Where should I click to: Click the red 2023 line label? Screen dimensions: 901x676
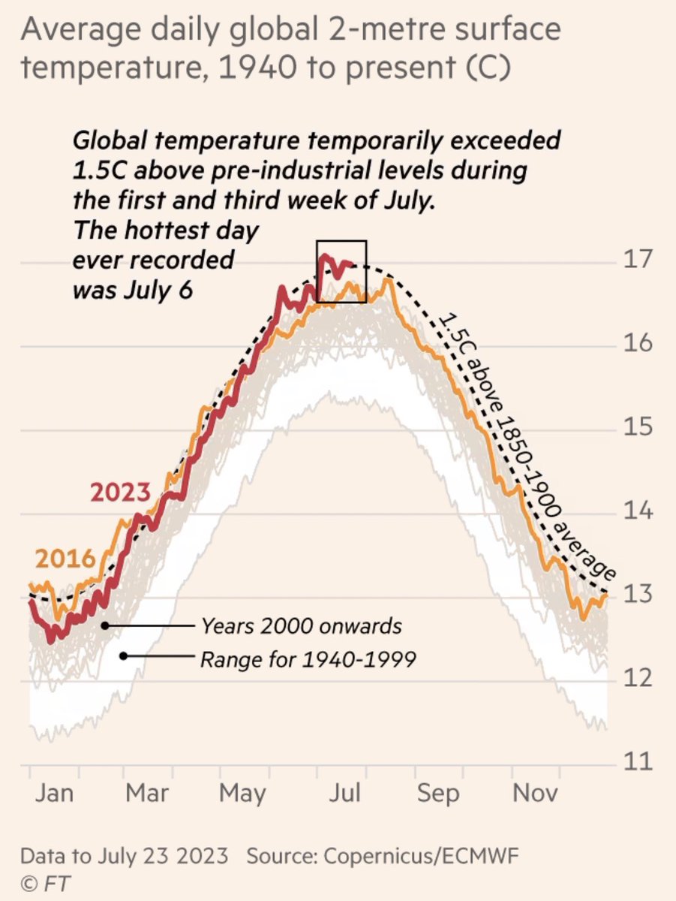point(121,493)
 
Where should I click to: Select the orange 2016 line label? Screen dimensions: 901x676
point(65,560)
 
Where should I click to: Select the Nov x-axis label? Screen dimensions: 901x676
point(536,794)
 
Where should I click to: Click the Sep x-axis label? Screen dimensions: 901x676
point(437,794)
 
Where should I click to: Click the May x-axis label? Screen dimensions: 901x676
point(244,794)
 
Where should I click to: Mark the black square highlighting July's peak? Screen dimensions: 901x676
point(341,271)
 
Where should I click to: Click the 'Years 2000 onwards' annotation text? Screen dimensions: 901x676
point(301,625)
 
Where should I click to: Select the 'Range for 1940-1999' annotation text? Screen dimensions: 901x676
point(308,660)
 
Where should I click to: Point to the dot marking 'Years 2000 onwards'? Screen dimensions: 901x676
point(106,625)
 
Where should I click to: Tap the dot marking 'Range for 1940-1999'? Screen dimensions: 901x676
point(123,655)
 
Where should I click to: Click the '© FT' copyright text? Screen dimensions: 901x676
point(45,881)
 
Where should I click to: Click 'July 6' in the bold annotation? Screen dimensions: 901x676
point(159,290)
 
